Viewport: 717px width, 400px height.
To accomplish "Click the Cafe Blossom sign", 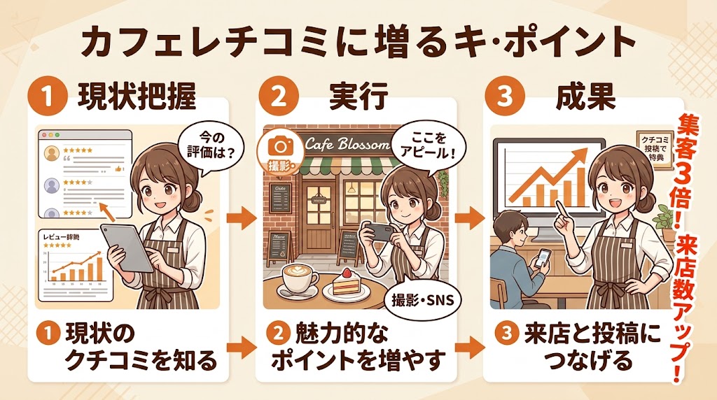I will click(x=347, y=145).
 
